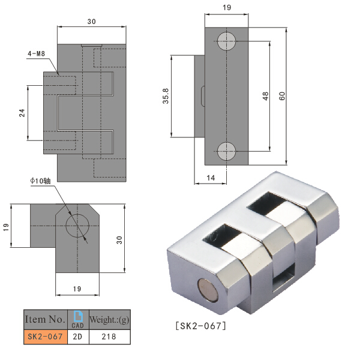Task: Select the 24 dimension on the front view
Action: [22, 113]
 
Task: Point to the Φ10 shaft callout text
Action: [43, 181]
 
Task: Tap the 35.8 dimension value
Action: [165, 98]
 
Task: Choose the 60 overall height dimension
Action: [281, 96]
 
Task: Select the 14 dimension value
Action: [210, 178]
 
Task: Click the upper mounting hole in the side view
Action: [227, 41]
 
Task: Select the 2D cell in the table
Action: [77, 337]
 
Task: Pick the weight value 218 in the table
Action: [109, 337]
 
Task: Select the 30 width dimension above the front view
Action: [91, 22]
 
